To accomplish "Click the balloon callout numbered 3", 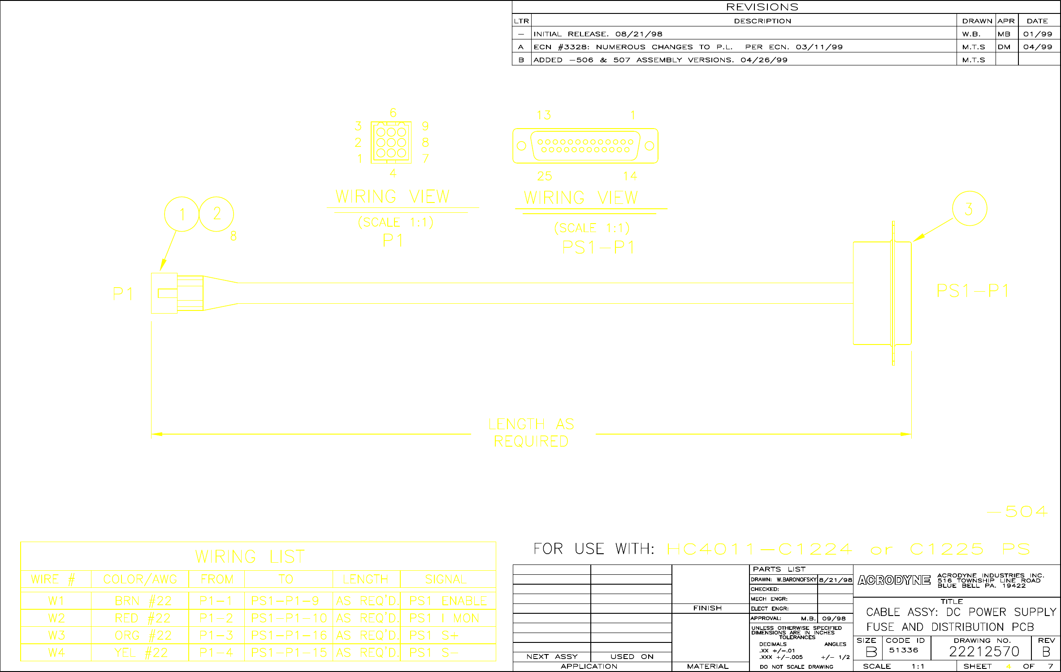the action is pos(969,209).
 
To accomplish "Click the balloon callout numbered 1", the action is pos(182,214).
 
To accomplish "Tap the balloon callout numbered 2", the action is pos(217,214).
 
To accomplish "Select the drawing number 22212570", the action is pos(984,651).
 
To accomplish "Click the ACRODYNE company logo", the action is pos(894,581).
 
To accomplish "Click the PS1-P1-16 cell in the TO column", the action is pos(289,635).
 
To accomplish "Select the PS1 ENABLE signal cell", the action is pos(448,601).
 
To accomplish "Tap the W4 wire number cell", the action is pos(56,653).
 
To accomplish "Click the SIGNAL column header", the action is pos(446,579).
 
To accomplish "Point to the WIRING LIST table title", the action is pos(250,557).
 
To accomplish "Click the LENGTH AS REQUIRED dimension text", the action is pos(531,433).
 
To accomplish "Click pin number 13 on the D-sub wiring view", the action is pos(544,116).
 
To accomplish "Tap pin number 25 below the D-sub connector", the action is pos(544,177).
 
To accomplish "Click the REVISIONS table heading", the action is pos(762,7).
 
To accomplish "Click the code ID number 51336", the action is pos(904,650).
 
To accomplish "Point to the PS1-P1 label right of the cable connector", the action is pos(973,291).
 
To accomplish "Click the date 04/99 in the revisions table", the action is pos(1038,47).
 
